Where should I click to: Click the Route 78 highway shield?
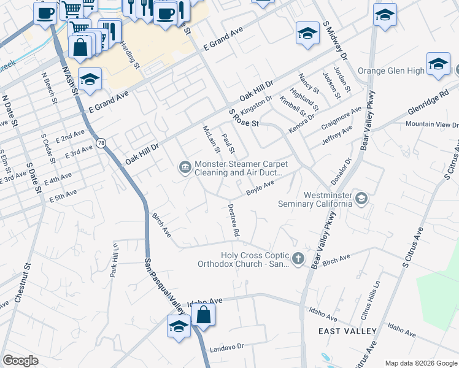pos(100,142)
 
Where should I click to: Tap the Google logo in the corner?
pos(21,361)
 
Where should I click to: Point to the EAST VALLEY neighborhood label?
pos(347,331)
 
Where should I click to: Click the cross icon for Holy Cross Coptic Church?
pos(298,258)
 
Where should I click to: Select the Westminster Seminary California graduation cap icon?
pos(362,197)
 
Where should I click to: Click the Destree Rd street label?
pos(233,221)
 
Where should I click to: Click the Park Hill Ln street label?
pos(114,261)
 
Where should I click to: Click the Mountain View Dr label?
pos(428,125)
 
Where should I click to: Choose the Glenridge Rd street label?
pos(428,105)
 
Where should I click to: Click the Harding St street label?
pos(129,55)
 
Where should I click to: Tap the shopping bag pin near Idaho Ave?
pos(203,315)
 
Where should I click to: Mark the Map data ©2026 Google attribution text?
pos(420,363)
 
